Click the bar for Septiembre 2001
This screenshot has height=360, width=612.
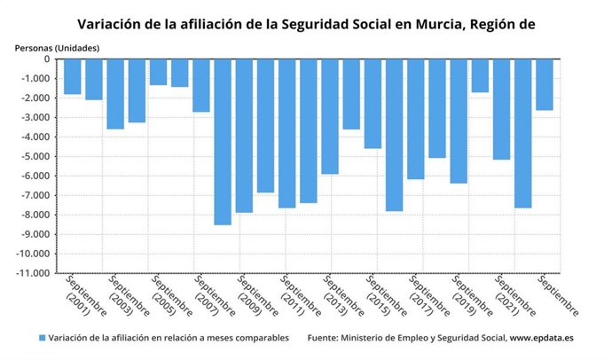pos(73,76)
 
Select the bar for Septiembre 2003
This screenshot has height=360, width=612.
pos(115,94)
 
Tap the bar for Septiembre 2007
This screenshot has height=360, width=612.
pos(201,85)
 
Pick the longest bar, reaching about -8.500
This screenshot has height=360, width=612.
pos(223,142)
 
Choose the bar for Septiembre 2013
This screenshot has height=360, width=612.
pos(330,116)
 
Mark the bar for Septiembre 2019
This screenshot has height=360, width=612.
pos(459,121)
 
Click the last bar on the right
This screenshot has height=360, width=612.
pos(545,84)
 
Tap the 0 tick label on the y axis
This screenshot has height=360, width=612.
pos(46,59)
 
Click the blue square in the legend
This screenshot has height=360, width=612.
pos(42,338)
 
